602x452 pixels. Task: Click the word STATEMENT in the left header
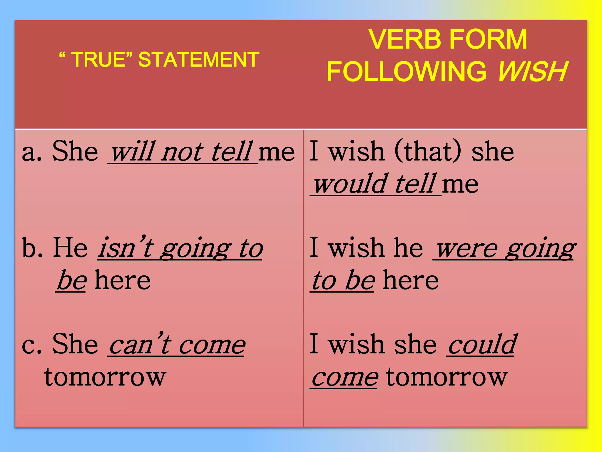pos(199,59)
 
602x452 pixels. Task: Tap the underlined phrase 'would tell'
pos(375,184)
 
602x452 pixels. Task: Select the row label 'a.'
pos(31,152)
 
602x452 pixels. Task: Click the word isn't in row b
pos(126,248)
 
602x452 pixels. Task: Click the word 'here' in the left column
pos(123,280)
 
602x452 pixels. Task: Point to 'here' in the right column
pos(411,280)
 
